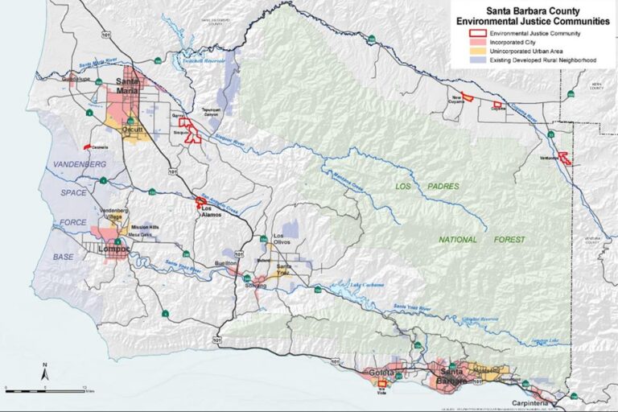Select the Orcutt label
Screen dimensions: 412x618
(x=130, y=128)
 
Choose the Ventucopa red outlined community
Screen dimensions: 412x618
(x=565, y=159)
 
